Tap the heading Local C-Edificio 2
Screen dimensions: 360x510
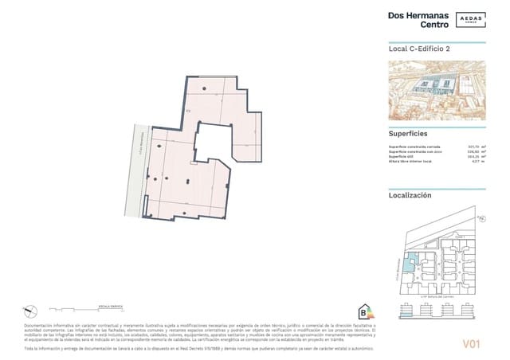[419, 49]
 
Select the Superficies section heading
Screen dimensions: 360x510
[408, 134]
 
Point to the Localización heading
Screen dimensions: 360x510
[410, 194]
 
